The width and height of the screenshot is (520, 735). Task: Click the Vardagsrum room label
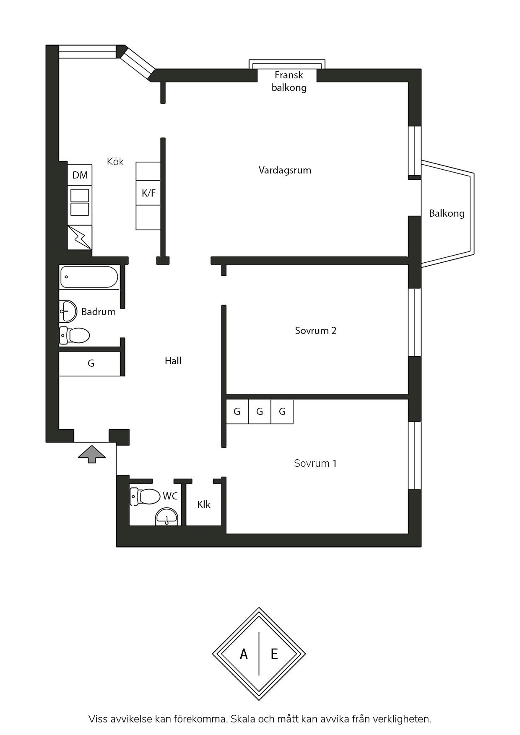click(x=285, y=171)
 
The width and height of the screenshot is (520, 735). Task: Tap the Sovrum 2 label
click(x=316, y=331)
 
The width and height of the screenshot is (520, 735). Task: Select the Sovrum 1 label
click(x=315, y=463)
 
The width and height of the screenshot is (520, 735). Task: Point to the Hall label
click(x=173, y=361)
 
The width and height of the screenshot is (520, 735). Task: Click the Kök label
click(x=115, y=162)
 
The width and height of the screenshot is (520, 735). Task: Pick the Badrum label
click(x=99, y=312)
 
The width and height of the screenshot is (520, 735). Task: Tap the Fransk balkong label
click(x=289, y=81)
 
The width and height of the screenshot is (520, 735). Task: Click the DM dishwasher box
click(x=80, y=175)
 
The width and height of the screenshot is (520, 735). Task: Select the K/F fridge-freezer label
click(x=148, y=193)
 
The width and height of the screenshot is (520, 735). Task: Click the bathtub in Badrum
click(x=89, y=277)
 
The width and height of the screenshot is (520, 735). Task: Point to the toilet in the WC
click(x=145, y=497)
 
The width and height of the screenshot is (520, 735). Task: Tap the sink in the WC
click(x=167, y=516)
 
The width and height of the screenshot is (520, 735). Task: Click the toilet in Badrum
click(x=75, y=335)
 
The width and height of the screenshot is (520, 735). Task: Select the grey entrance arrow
click(x=91, y=454)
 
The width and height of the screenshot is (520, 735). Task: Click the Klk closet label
click(x=204, y=505)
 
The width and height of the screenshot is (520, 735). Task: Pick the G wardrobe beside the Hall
click(x=91, y=364)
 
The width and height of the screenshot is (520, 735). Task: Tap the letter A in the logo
click(x=244, y=654)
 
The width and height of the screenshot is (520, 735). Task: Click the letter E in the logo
click(x=274, y=654)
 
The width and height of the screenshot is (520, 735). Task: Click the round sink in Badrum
click(x=68, y=311)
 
